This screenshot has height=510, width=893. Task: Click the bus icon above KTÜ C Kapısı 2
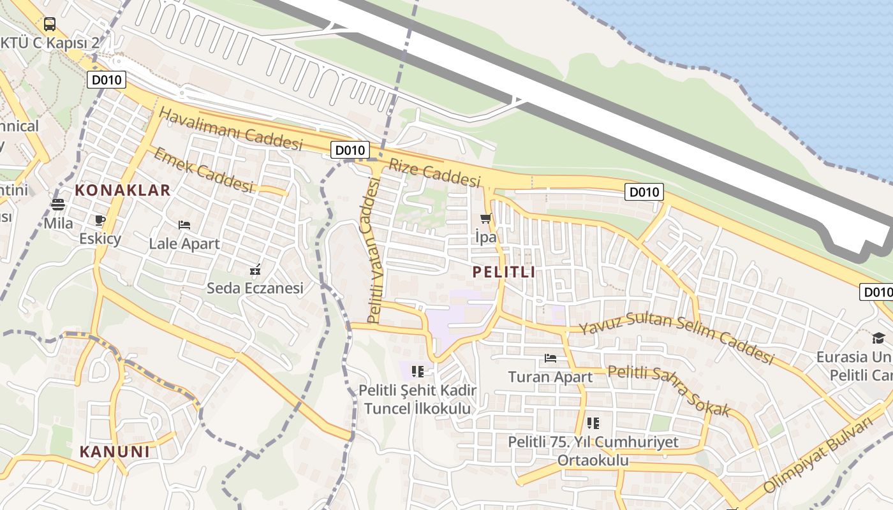(x=50, y=25)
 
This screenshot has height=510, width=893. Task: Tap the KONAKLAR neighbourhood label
(x=122, y=190)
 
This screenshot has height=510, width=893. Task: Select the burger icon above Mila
(x=58, y=205)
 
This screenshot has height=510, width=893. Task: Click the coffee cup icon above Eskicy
(x=100, y=221)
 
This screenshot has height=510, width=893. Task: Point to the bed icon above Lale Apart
(x=184, y=225)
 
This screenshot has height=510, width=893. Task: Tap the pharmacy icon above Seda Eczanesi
(x=255, y=270)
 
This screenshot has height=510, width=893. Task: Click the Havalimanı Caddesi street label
(x=230, y=129)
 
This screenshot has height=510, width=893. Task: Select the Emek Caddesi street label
(x=203, y=170)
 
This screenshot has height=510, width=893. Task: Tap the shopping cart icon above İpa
(x=486, y=219)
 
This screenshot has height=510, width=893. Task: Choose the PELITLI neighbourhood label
(x=504, y=272)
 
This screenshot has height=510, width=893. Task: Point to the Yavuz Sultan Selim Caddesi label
(x=676, y=338)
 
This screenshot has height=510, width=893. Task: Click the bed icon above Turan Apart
(x=550, y=358)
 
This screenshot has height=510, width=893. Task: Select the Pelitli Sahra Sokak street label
(x=668, y=390)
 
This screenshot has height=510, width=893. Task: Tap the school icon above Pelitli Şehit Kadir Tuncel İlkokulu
(x=418, y=371)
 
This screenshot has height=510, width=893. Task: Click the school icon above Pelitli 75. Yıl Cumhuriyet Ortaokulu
(x=593, y=423)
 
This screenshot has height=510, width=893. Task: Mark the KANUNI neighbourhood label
(x=115, y=452)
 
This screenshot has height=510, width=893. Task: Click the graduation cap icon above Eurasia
(x=879, y=339)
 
